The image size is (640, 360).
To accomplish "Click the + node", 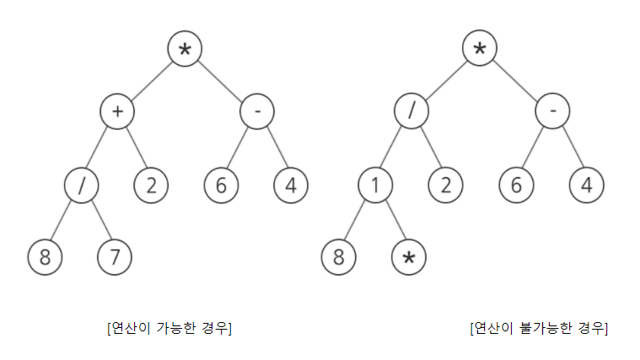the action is tap(116, 111).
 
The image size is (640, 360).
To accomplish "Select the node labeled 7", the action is tap(116, 257).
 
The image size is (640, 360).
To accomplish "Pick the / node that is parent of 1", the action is tap(411, 111).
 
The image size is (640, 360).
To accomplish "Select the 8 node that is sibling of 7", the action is tap(46, 257).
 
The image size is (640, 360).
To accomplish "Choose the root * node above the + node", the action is tap(185, 49).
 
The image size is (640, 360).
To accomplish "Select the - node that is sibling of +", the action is tap(256, 111).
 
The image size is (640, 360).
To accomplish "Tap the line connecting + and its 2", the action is tap(134, 148).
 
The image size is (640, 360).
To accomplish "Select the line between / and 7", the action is tap(99, 221).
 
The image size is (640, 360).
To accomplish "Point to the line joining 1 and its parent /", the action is tap(393, 148).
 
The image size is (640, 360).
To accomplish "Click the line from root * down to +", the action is tap(151, 80).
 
